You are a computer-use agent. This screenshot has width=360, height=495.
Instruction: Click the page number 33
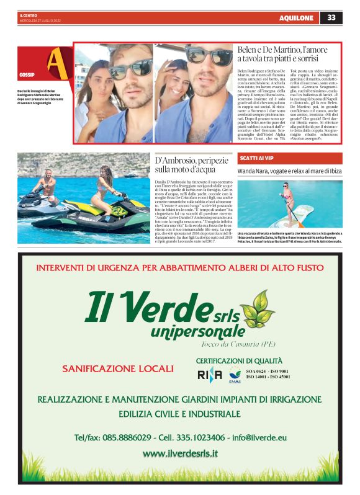(331, 17)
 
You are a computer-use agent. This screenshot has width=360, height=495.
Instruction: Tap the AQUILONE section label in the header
(296, 18)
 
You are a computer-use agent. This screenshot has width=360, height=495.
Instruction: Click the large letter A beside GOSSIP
(56, 61)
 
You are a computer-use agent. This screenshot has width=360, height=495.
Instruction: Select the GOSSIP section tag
(27, 74)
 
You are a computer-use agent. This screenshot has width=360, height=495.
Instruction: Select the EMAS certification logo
(235, 374)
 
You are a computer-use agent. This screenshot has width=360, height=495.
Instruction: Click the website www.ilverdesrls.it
(180, 453)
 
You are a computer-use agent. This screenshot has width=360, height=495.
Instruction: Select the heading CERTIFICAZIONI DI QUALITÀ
(239, 360)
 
